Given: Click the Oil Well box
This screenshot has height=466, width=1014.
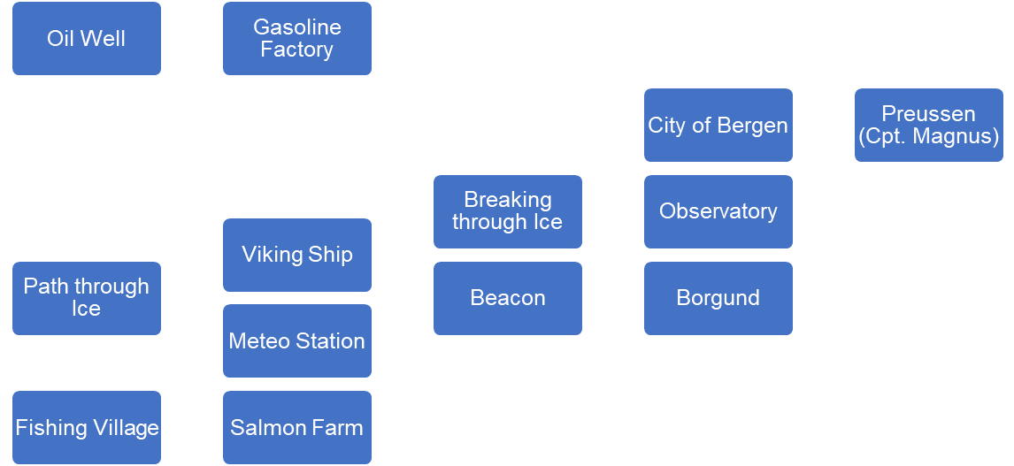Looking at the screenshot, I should [87, 39].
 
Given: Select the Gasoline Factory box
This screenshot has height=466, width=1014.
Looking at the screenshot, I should [297, 39].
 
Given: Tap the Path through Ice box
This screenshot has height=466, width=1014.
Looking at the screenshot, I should [87, 298].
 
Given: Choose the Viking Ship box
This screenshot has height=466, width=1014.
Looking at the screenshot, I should [297, 255].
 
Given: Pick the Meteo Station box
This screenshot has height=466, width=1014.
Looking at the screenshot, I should [297, 341].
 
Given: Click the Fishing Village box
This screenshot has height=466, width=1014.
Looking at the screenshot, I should [87, 428].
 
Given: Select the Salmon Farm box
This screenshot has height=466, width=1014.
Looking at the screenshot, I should [297, 428].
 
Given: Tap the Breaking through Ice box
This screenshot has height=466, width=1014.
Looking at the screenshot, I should [508, 211].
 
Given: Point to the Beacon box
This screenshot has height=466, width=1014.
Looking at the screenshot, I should [508, 298].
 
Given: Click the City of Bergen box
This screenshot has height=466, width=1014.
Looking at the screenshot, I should [718, 126].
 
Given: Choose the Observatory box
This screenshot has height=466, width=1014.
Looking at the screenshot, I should [718, 211].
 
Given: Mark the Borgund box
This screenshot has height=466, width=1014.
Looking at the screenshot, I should [718, 298].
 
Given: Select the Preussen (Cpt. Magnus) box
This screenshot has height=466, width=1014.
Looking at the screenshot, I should [929, 126].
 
